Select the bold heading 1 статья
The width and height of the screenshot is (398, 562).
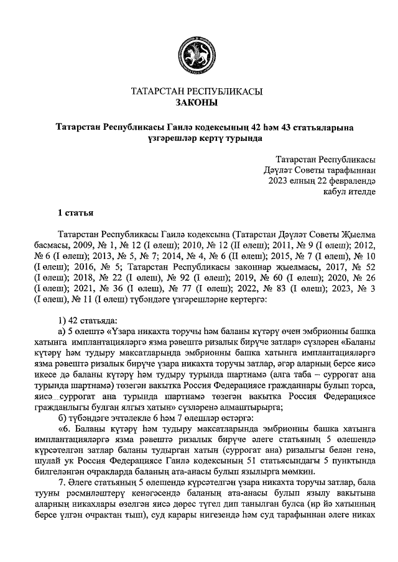75,214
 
